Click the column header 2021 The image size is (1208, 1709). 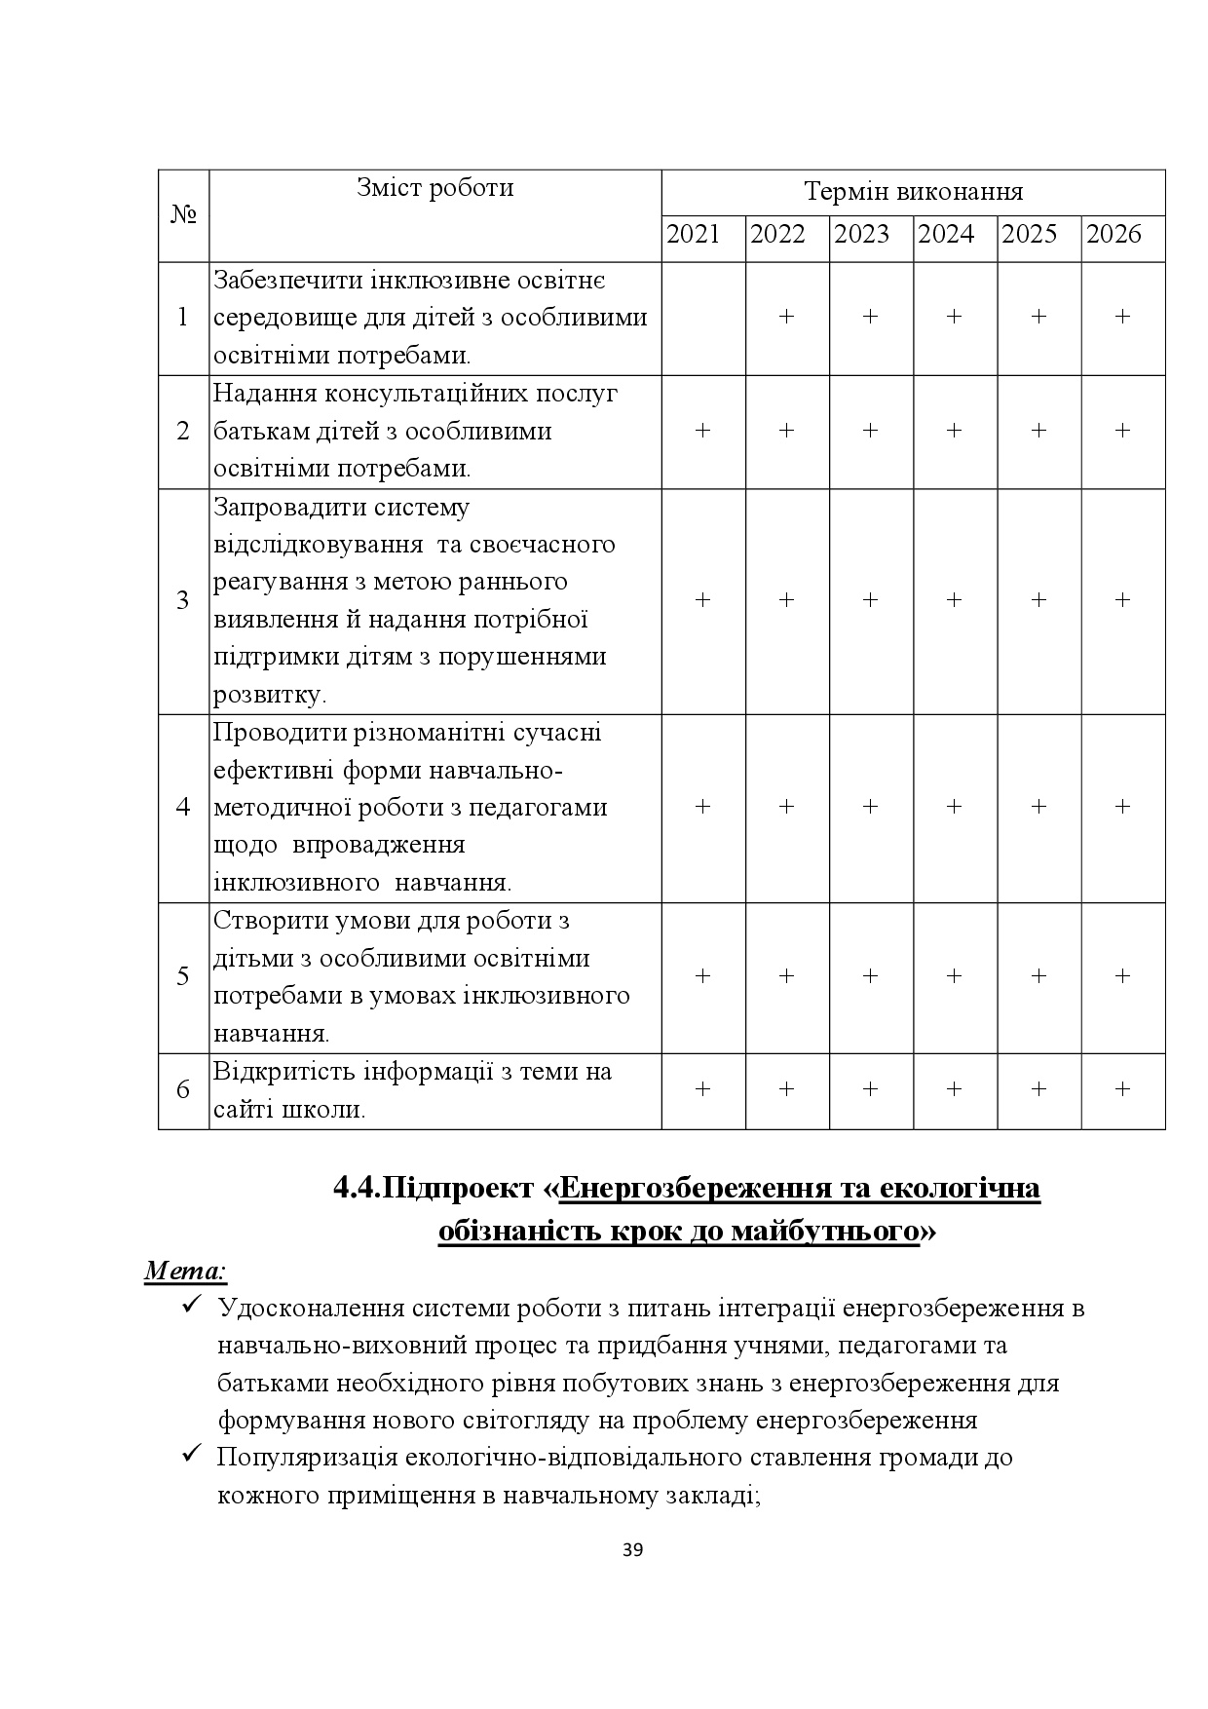(x=694, y=235)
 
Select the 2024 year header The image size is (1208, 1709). (x=946, y=235)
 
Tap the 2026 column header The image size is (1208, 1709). (x=1114, y=235)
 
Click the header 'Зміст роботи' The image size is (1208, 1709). (x=434, y=188)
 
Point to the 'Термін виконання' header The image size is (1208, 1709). (x=913, y=192)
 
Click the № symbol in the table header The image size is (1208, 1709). (x=183, y=215)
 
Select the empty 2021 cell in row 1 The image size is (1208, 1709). (x=703, y=318)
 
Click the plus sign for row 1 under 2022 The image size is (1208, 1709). (x=787, y=317)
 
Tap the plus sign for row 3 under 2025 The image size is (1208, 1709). (x=1038, y=600)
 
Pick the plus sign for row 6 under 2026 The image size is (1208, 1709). (x=1122, y=1089)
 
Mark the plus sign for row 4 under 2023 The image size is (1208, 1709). (x=871, y=807)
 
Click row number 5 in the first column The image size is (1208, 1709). (x=183, y=976)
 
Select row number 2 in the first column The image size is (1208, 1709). (x=183, y=431)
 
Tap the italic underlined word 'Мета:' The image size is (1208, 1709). (x=186, y=1272)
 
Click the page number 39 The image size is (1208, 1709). (x=632, y=1551)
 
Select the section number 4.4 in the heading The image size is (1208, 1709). (x=356, y=1189)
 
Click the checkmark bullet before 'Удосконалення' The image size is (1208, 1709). (x=191, y=1306)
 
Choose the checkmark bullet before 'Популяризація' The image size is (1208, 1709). (x=191, y=1457)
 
